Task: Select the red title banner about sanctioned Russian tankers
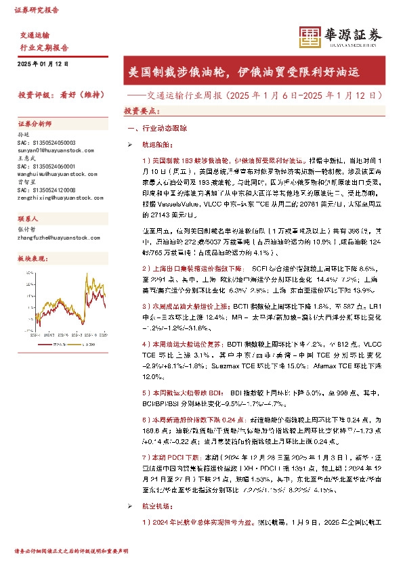point(252,71)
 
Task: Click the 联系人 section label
point(28,219)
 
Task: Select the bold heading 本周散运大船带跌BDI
point(177,393)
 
